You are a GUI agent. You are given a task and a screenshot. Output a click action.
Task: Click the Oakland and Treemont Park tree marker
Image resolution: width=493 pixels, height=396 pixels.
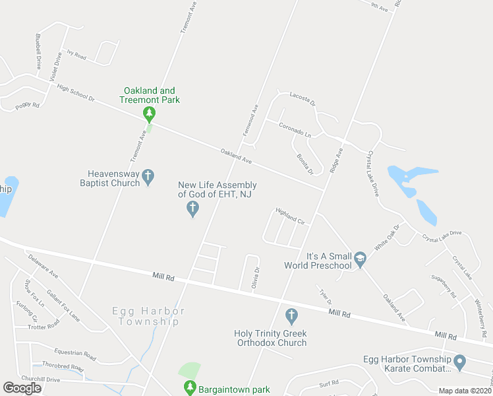point(150,114)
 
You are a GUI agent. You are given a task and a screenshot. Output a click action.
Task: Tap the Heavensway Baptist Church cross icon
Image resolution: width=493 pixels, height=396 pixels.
point(149,176)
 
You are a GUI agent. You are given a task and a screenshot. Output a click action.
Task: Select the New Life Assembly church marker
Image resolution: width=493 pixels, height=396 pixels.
point(192,209)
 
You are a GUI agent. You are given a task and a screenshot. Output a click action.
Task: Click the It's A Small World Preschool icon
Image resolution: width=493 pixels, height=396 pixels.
point(360,260)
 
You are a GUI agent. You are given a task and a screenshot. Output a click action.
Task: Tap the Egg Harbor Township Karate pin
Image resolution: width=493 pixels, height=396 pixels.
point(460,362)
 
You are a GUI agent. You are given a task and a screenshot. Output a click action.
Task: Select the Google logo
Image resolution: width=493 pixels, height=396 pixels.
point(22,388)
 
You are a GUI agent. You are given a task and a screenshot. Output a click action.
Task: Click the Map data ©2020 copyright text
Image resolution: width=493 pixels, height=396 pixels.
point(465,391)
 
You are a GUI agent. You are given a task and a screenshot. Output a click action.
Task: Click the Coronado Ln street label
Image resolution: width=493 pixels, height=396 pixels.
point(295,129)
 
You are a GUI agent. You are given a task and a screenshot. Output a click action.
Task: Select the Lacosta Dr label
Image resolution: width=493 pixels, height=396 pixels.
point(303,99)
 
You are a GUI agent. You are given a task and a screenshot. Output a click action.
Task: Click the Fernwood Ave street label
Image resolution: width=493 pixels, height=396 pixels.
point(250,119)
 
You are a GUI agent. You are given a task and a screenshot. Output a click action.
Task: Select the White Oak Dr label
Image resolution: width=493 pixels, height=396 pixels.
point(388,237)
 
